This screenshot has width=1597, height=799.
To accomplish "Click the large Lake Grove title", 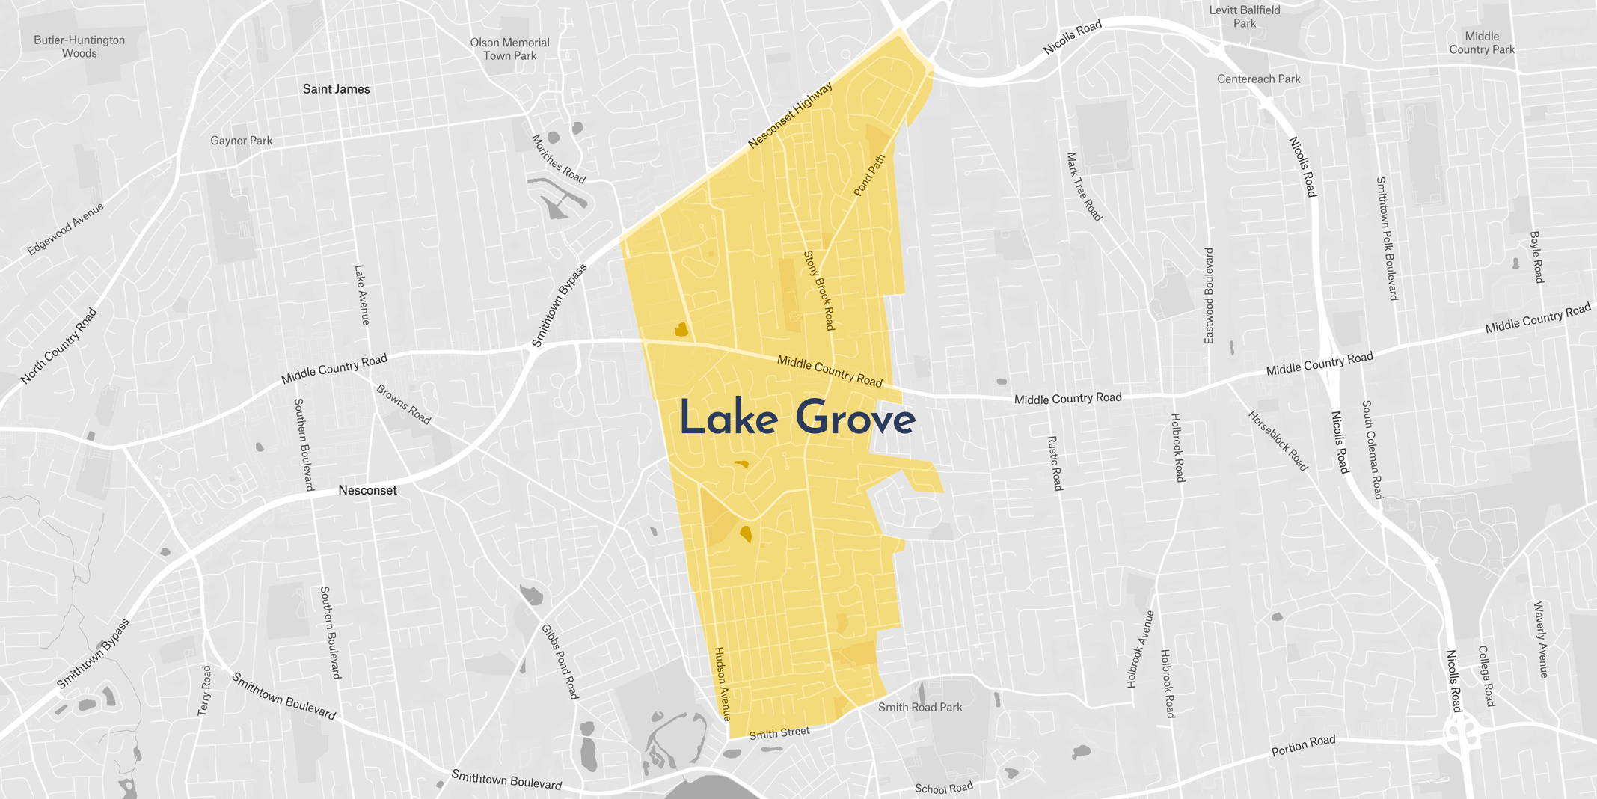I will [x=797, y=418].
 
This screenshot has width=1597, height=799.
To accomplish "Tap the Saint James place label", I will [x=336, y=89].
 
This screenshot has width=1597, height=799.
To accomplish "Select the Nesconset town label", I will [x=367, y=490].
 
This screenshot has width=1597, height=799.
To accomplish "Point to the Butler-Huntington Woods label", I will [x=79, y=46].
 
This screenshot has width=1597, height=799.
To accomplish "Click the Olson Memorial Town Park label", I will [x=509, y=49].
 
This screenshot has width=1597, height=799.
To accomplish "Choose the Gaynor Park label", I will [x=241, y=141].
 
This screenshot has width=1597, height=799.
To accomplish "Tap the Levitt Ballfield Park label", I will [x=1245, y=16].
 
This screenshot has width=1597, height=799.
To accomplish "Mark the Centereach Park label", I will [x=1258, y=79].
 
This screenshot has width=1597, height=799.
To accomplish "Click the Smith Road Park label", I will [x=920, y=707].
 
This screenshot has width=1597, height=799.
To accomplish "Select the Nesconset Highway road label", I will [x=790, y=115].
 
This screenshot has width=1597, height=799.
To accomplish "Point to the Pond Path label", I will [x=869, y=175].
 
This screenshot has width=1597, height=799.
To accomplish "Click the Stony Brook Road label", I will [x=818, y=290].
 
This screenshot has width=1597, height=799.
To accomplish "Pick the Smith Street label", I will [x=779, y=733].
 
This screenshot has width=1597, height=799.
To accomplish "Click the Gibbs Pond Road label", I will [x=560, y=662].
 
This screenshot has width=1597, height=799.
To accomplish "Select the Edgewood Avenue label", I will [x=65, y=229].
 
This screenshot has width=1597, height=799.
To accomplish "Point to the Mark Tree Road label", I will [x=1084, y=187].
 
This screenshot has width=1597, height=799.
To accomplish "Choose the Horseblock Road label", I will [x=1278, y=441].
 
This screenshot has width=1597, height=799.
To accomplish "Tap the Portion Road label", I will [x=1303, y=746].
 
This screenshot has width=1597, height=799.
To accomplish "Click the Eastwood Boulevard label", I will [x=1209, y=296].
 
